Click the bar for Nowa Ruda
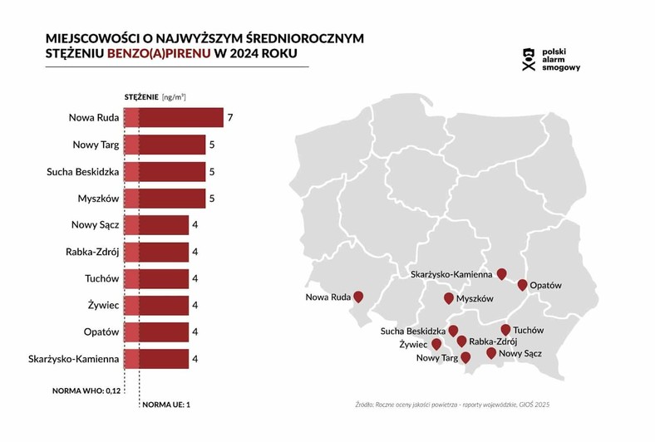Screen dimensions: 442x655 [x=173, y=118]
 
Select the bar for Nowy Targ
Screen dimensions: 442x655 [x=164, y=145]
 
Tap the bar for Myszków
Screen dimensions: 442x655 [x=164, y=199]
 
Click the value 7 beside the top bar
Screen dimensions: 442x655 [x=229, y=118]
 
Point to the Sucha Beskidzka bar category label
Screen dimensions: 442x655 [x=83, y=172]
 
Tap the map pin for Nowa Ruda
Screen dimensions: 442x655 [x=358, y=297]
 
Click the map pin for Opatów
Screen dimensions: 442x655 [x=522, y=285]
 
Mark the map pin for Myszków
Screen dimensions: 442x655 [x=449, y=298]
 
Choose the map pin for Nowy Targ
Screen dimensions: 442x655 [x=465, y=358]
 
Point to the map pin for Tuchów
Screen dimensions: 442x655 [x=505, y=329]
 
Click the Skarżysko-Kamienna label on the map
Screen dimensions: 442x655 [x=452, y=273]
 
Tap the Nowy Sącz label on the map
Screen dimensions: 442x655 [x=521, y=354]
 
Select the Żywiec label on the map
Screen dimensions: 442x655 [x=413, y=344]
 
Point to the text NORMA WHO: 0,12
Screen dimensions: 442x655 [x=87, y=389]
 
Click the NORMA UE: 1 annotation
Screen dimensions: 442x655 [x=166, y=405]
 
